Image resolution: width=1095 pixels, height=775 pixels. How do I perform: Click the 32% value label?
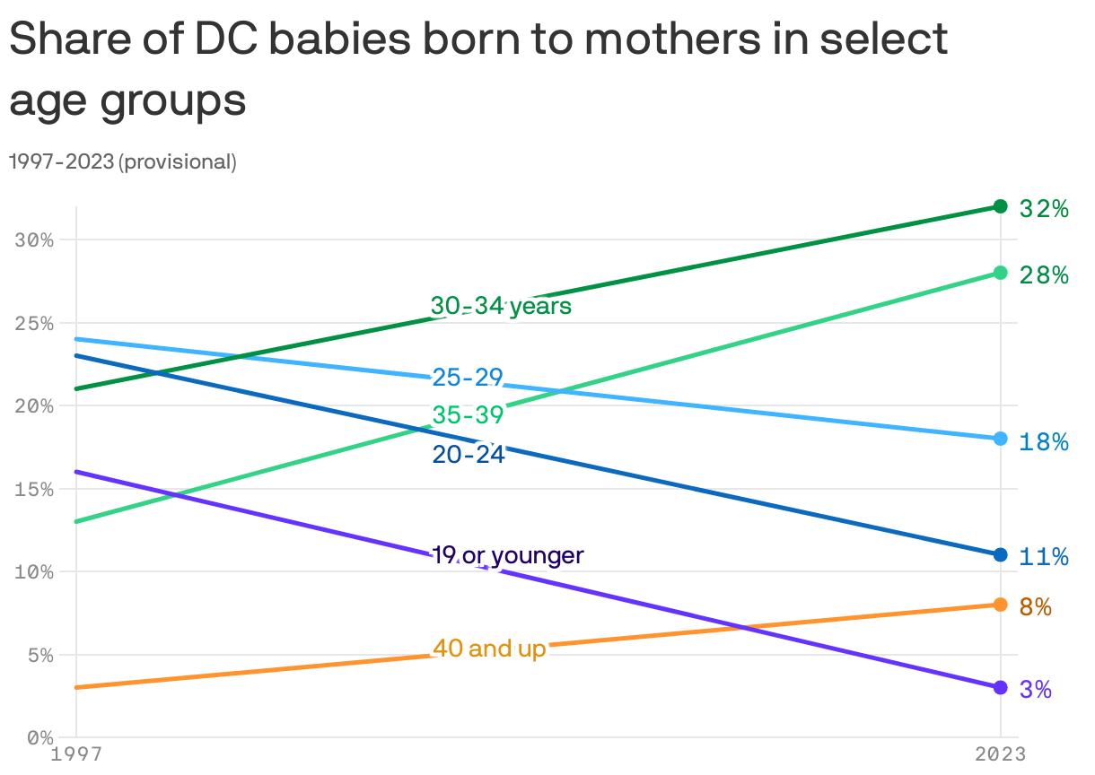[x=1044, y=209]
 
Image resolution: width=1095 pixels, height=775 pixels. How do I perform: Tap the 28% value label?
[x=1044, y=275]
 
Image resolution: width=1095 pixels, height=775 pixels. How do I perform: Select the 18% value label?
[x=1044, y=441]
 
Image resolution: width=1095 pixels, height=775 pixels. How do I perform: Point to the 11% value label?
[x=1044, y=557]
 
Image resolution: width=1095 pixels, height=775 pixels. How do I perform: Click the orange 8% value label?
[x=1036, y=607]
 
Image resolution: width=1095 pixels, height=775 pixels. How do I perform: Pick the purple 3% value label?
[x=1036, y=690]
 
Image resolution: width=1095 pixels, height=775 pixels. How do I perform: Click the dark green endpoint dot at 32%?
[x=1001, y=206]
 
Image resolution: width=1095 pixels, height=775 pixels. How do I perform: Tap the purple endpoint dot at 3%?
[x=1001, y=687]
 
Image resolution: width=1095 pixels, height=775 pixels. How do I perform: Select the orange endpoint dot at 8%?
[x=1001, y=605]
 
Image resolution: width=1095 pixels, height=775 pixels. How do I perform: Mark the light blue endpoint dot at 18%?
[x=1001, y=439]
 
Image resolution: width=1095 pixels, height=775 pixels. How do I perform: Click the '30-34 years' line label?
[x=501, y=306]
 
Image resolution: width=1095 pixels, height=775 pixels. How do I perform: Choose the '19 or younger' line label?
[x=508, y=555]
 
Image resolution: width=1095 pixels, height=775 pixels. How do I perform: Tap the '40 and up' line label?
[x=489, y=648]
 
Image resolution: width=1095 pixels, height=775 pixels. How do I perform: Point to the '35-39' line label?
[x=468, y=415]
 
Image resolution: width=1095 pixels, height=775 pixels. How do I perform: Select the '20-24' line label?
[x=468, y=455]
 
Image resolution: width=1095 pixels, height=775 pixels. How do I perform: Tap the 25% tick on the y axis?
[x=35, y=323]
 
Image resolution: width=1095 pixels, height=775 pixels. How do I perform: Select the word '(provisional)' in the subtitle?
[x=178, y=162]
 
